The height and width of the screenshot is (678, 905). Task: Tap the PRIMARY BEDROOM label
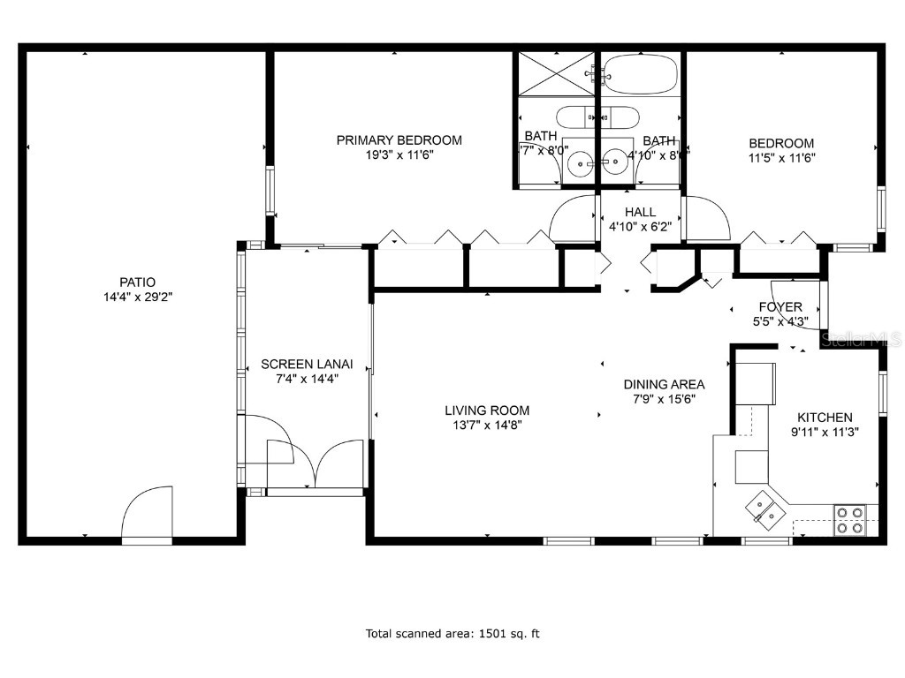coord(399,139)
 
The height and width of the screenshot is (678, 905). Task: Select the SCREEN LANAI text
coord(307,364)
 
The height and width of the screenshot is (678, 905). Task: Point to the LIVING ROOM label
coord(487,410)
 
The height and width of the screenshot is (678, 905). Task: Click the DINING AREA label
coord(664,384)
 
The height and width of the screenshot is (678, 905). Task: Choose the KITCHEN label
coord(825,418)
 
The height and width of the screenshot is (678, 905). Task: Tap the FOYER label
coord(780,307)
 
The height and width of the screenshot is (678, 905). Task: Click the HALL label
coord(640,212)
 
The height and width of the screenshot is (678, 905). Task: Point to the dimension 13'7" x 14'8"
coord(487,425)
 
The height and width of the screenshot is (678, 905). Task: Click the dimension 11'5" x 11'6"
coord(781,158)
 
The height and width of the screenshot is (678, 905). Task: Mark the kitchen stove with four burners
coord(850,520)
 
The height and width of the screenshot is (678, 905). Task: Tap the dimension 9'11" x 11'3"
coord(825,432)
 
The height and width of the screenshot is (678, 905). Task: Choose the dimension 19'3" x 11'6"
coord(399,154)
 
